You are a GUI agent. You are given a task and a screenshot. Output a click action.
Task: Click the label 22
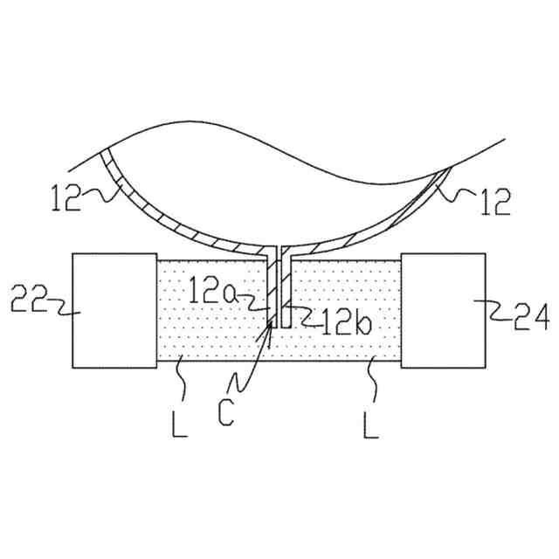[x=29, y=299]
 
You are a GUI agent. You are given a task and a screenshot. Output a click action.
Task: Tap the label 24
[x=531, y=316]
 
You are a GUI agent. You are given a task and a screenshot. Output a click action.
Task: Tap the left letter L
[x=179, y=424]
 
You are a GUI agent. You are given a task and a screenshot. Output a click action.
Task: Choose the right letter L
[x=371, y=424]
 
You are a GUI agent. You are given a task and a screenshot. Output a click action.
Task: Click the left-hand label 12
[x=66, y=197]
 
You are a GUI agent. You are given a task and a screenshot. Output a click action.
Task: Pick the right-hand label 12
[x=496, y=202]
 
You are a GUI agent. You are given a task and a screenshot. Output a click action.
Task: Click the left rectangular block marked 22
[x=114, y=311]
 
